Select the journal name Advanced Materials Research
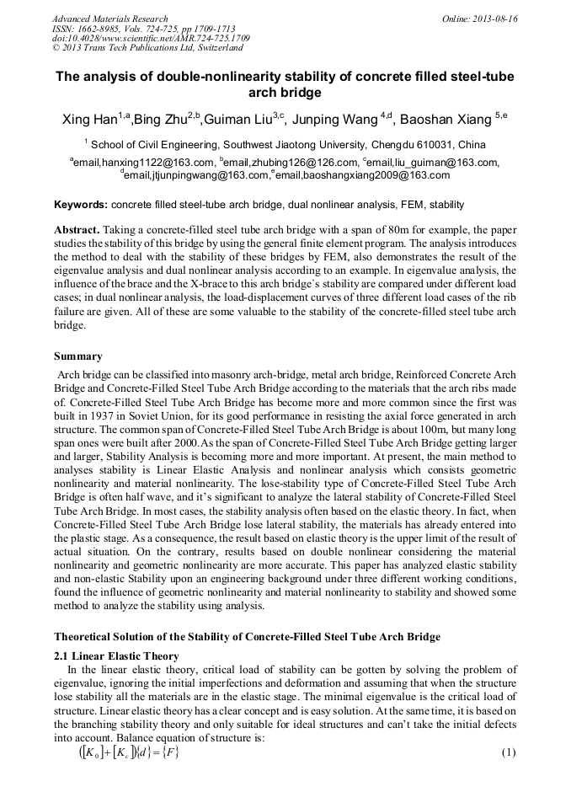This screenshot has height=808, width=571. (x=109, y=19)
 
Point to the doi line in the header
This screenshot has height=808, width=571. (x=151, y=39)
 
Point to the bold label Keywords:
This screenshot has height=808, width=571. (x=81, y=205)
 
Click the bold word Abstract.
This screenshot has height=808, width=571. (x=77, y=230)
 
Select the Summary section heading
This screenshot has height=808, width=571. (x=78, y=356)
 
